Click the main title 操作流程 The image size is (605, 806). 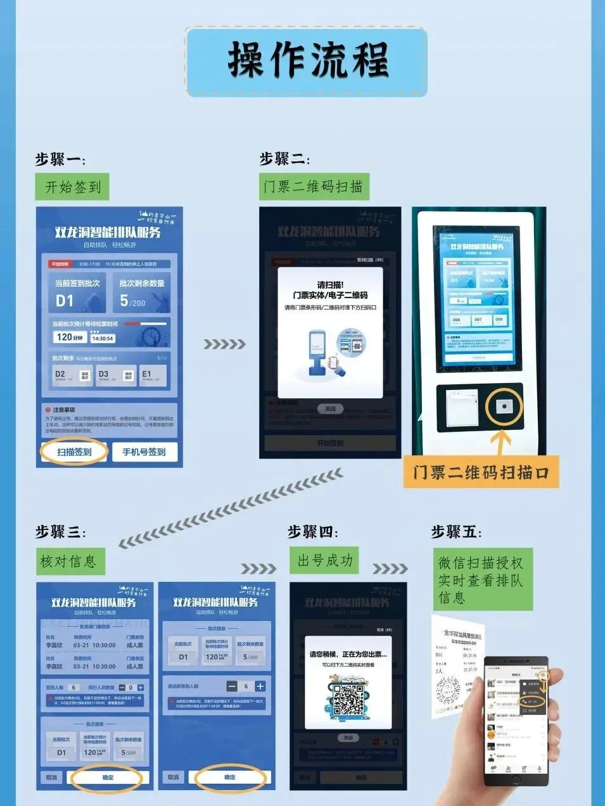(x=307, y=61)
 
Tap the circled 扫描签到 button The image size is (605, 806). (x=75, y=452)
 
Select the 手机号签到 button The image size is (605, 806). (x=144, y=452)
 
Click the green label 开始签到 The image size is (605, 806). (x=72, y=187)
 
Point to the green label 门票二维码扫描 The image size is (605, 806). (x=314, y=187)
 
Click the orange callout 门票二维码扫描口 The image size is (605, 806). (x=481, y=472)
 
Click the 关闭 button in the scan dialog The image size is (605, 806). (x=330, y=409)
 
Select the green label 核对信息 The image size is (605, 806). (x=68, y=562)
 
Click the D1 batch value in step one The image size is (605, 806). (x=65, y=301)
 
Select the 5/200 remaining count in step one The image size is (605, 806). (x=133, y=302)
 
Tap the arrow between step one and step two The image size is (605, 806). (x=224, y=344)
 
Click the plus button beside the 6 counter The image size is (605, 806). (x=260, y=686)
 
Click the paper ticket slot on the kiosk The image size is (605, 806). (x=461, y=407)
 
